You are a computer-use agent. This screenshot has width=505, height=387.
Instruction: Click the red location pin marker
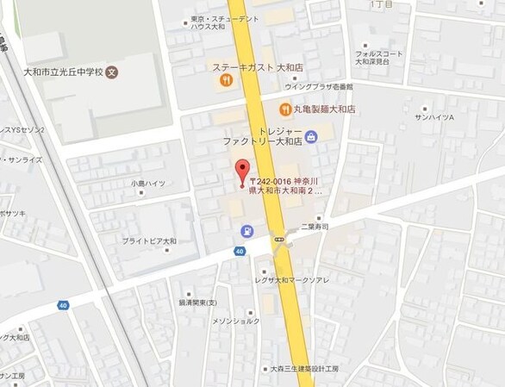[x=242, y=170]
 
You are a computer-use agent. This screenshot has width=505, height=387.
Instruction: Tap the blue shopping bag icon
[x=309, y=135]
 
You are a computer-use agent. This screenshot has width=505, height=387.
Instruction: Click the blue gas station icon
[x=247, y=231]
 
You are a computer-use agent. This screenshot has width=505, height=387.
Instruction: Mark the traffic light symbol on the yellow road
[x=280, y=239]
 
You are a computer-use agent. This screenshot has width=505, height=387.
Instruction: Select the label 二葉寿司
[x=316, y=228]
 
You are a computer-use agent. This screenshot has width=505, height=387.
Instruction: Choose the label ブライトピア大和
[x=149, y=240]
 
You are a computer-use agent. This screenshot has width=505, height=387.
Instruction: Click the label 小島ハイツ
[x=147, y=183]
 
